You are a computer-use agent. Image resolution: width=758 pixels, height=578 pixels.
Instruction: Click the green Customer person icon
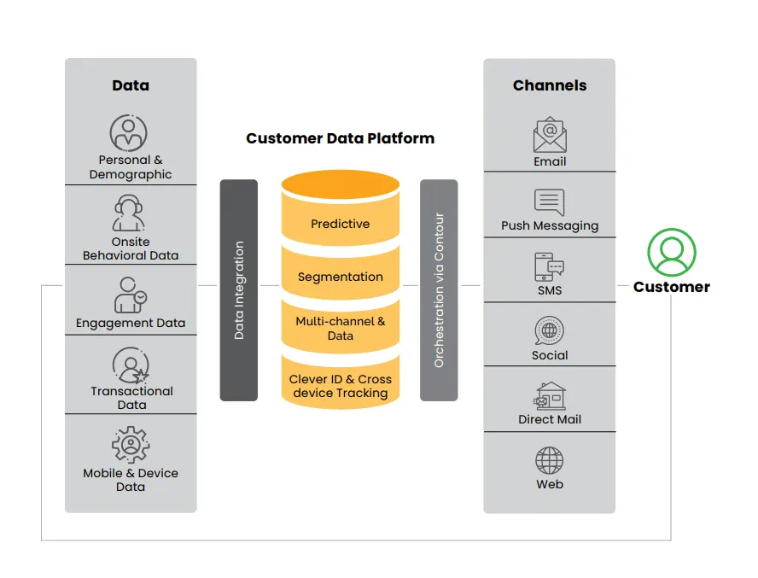point(672,253)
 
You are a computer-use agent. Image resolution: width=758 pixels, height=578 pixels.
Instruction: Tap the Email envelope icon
point(550,134)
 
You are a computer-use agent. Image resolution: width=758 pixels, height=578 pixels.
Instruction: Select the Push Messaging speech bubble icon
point(550,201)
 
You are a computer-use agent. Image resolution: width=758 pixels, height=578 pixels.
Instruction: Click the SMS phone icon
point(550,267)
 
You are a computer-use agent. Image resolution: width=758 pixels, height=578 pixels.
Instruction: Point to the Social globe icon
point(550,331)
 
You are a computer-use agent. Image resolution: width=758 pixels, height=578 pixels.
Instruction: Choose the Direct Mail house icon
point(550,396)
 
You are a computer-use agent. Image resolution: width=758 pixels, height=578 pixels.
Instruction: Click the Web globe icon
point(550,461)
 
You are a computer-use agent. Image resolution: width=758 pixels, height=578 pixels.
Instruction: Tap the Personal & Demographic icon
point(129,133)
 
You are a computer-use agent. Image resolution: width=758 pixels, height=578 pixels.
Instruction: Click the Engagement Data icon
point(130,295)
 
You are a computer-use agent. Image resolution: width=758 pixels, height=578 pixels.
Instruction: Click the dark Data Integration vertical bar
point(239,290)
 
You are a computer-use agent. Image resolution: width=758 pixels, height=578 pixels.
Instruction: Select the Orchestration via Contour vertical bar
point(439,290)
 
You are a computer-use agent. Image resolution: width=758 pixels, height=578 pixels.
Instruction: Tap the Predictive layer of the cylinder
point(341,224)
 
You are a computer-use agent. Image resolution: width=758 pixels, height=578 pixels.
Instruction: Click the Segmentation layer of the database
point(341,277)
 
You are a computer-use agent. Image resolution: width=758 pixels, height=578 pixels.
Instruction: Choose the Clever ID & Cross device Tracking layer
point(341,386)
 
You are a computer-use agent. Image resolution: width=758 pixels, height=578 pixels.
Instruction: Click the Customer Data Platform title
point(340,138)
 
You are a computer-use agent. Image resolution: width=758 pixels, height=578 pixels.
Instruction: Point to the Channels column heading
point(550,85)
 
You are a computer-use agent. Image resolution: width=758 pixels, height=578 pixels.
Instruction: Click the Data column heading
point(131,85)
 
